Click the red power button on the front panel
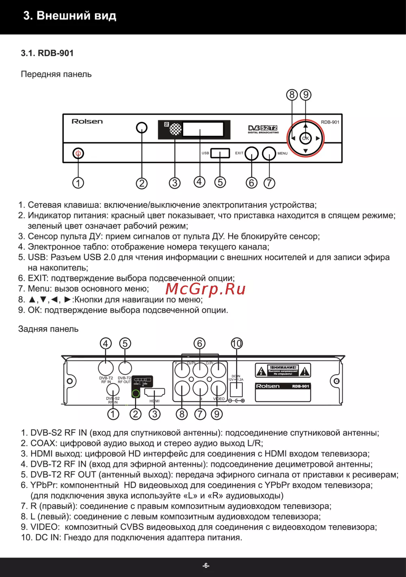click(x=78, y=154)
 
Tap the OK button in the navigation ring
click(x=305, y=138)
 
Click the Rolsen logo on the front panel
click(x=87, y=121)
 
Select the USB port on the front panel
click(x=220, y=153)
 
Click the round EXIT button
click(x=252, y=154)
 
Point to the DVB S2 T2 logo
click(x=263, y=129)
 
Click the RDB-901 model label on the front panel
click(x=330, y=122)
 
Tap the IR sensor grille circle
click(x=175, y=129)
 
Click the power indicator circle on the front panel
click(x=142, y=128)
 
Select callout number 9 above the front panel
click(x=305, y=95)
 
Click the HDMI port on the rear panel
click(x=155, y=393)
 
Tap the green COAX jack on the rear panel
click(x=136, y=393)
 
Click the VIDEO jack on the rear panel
click(x=218, y=389)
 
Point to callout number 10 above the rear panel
click(x=237, y=344)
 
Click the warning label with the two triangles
click(x=283, y=370)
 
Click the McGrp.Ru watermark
click(x=205, y=289)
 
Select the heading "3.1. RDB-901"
click(x=47, y=53)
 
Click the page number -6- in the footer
click(x=206, y=566)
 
